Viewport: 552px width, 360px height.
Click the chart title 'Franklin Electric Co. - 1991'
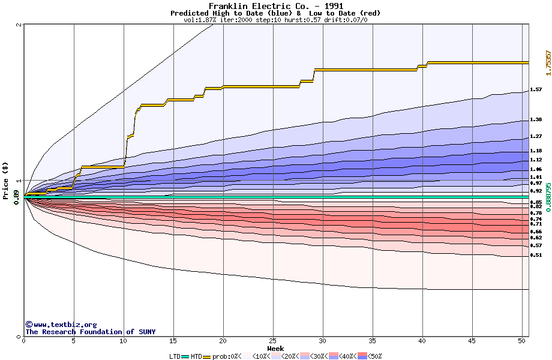276,6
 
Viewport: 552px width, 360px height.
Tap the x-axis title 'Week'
276,349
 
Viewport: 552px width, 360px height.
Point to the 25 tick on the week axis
273,341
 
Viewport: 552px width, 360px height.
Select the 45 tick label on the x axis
472,341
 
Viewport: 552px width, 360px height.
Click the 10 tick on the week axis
123,341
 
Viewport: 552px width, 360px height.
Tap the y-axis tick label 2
19,25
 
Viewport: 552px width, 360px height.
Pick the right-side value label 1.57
536,90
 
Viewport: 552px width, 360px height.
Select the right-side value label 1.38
536,120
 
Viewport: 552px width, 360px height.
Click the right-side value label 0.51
536,255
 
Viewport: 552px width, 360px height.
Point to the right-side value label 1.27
536,136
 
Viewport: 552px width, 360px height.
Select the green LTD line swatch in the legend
185,356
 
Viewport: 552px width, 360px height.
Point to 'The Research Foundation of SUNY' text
90,332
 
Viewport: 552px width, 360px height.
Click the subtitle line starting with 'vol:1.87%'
275,20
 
